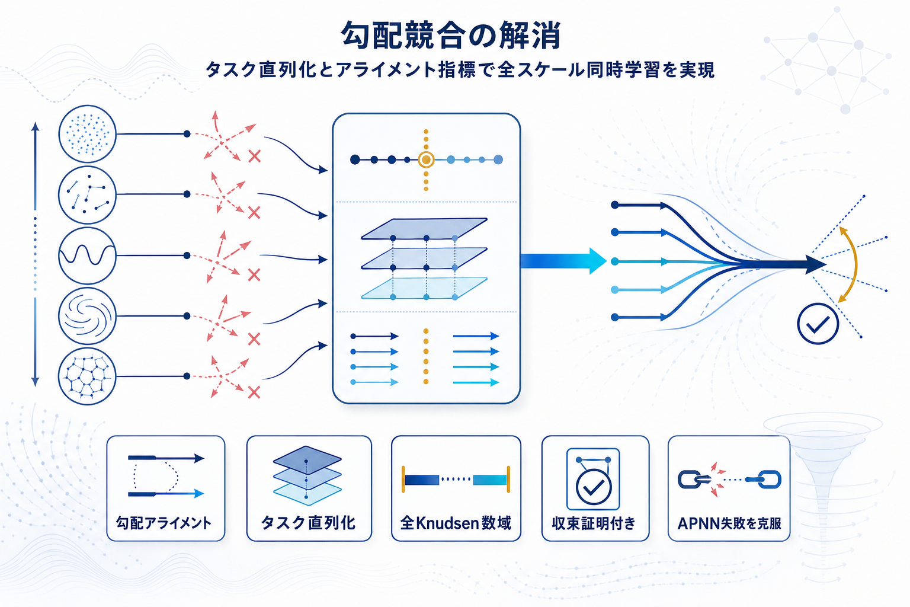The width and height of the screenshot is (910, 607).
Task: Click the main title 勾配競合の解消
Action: (451, 36)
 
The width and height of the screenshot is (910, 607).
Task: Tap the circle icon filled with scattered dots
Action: (87, 134)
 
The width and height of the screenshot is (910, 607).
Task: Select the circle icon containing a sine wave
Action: (87, 255)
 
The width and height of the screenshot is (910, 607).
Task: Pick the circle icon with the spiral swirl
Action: (87, 316)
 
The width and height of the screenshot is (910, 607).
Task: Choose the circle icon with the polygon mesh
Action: (87, 376)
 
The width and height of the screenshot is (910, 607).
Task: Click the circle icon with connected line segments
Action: (87, 195)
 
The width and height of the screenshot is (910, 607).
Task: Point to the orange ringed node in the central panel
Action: (426, 159)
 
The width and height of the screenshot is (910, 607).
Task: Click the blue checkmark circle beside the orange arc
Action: (818, 324)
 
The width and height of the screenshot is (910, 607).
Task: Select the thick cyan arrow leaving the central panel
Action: (563, 261)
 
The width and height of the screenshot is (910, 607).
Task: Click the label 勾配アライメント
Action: (164, 523)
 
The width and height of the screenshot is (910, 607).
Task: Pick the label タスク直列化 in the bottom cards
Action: (308, 523)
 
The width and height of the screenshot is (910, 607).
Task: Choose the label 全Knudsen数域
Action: (456, 523)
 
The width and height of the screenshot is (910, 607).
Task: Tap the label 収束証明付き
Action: (594, 523)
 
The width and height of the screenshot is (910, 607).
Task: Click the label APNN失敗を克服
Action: (729, 523)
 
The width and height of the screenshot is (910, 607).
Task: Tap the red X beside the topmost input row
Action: (255, 156)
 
